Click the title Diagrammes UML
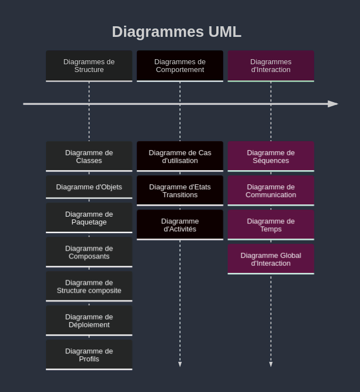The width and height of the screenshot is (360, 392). coord(177,32)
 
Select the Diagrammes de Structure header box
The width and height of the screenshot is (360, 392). coord(89,66)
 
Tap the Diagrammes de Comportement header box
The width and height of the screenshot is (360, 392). coord(180,66)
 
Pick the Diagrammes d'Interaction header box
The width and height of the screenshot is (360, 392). coord(271,66)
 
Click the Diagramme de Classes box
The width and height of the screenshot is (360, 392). coord(89,156)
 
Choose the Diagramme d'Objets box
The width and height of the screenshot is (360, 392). coord(89,187)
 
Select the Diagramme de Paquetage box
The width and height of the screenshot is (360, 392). coord(89,218)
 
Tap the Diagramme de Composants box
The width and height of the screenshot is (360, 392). coord(89,252)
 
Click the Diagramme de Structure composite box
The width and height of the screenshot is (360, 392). coord(89,286)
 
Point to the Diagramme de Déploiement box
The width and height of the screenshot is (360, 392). coord(89,321)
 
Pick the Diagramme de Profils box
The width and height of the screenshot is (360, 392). coord(89,355)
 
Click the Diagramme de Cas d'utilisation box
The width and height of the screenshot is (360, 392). coord(180,156)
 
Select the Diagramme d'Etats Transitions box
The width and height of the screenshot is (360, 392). coord(180,191)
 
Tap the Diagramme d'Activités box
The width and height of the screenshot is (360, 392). coord(180,225)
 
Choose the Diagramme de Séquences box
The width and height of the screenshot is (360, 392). coord(271,156)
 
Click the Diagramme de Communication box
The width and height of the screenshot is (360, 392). coord(271,191)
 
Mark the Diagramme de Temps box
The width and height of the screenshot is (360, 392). coord(271,225)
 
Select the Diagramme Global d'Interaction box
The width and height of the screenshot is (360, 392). coord(271,259)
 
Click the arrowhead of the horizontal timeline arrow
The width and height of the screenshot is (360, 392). coord(333,104)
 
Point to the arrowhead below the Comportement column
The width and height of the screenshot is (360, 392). coord(180,364)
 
